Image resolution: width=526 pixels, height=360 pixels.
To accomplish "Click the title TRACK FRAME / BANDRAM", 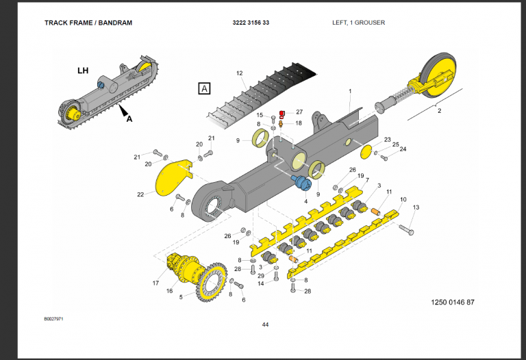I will pyautogui.click(x=88, y=23).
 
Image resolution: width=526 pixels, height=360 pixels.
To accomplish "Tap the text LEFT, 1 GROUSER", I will pyautogui.click(x=358, y=23).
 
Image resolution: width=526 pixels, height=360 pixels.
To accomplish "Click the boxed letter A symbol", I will pyautogui.click(x=204, y=88).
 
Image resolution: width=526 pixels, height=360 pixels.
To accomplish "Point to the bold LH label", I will pyautogui.click(x=82, y=70).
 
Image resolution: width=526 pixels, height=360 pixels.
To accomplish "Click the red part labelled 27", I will pyautogui.click(x=281, y=112).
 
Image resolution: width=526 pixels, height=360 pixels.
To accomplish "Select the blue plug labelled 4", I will pyautogui.click(x=301, y=183).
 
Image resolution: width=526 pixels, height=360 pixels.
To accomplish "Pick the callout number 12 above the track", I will pyautogui.click(x=240, y=73).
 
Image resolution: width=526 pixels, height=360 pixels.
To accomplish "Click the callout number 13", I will pyautogui.click(x=415, y=207).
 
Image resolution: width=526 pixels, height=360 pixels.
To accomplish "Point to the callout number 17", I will pyautogui.click(x=155, y=283).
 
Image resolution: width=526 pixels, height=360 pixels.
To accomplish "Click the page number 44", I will pyautogui.click(x=265, y=324).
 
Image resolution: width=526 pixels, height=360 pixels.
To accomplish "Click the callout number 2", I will pyautogui.click(x=439, y=110).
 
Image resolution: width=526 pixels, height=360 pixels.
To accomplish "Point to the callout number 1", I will pyautogui.click(x=349, y=91).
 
